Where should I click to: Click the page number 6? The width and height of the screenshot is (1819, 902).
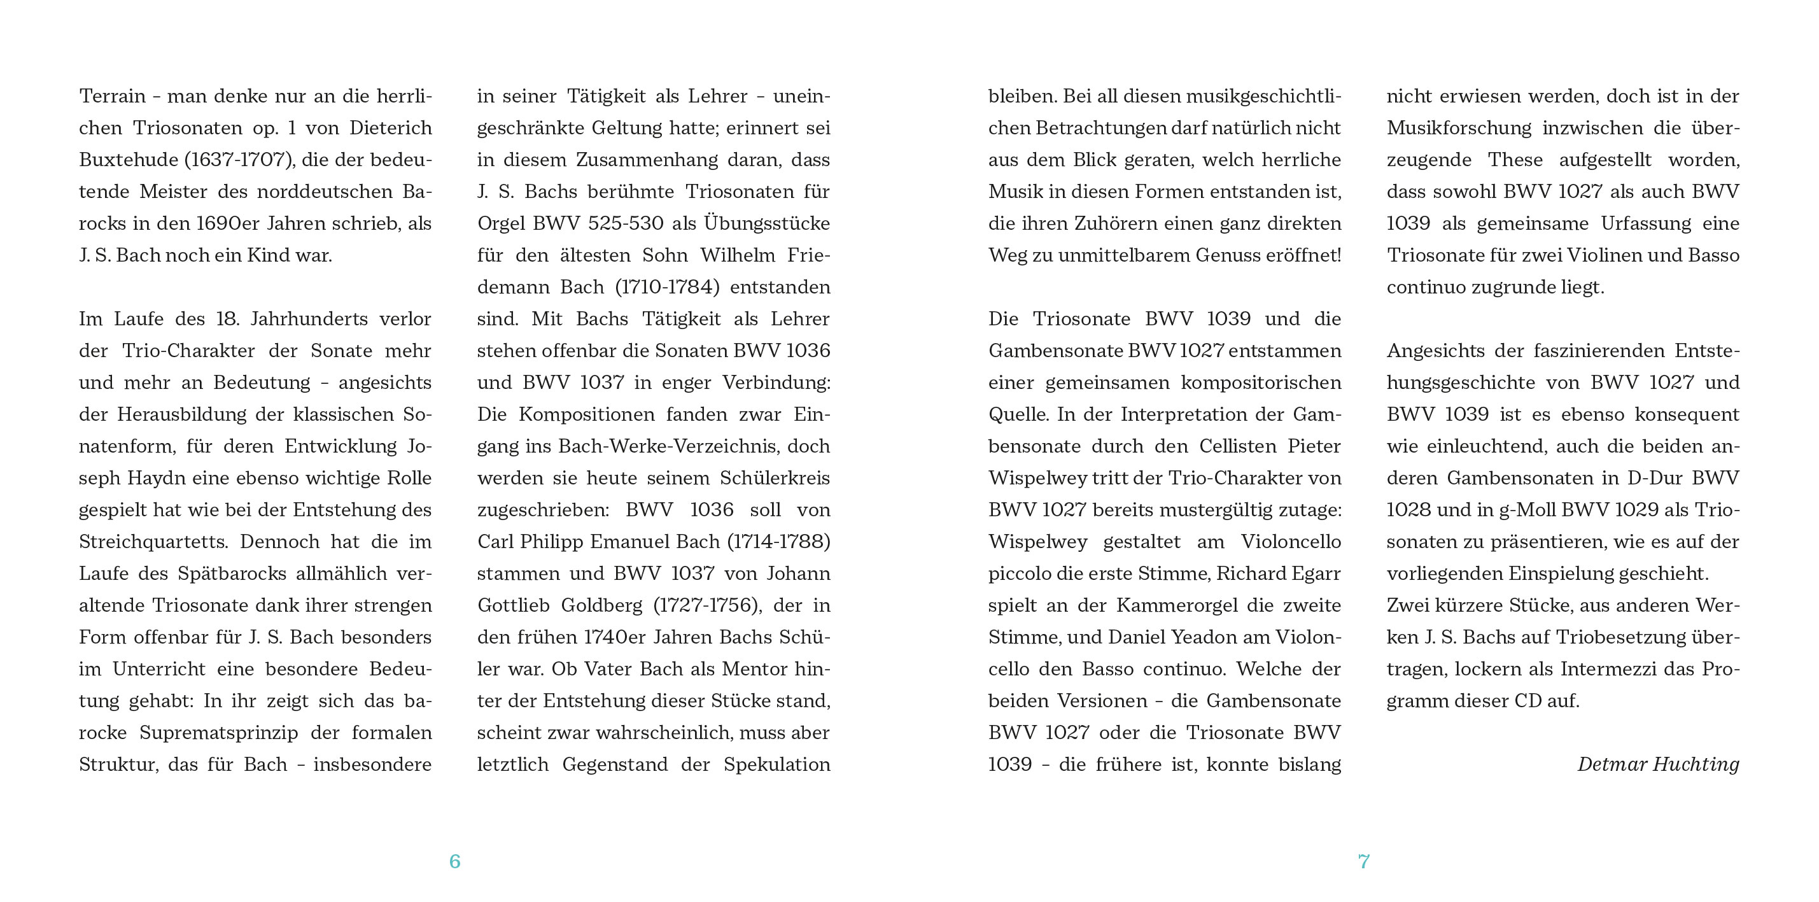(x=454, y=861)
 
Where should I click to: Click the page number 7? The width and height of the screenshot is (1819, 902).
(x=1363, y=861)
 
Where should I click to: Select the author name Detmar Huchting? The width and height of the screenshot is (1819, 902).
(x=1657, y=765)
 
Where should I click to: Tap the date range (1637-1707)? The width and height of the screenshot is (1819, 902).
(x=239, y=160)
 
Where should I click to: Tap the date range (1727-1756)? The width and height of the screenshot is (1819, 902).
(x=706, y=605)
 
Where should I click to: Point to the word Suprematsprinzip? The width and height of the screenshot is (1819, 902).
(x=218, y=733)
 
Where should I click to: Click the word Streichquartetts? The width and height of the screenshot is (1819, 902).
(x=154, y=542)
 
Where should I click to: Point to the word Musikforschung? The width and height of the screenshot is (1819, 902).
(x=1459, y=128)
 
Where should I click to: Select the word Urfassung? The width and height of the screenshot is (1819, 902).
(x=1645, y=224)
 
